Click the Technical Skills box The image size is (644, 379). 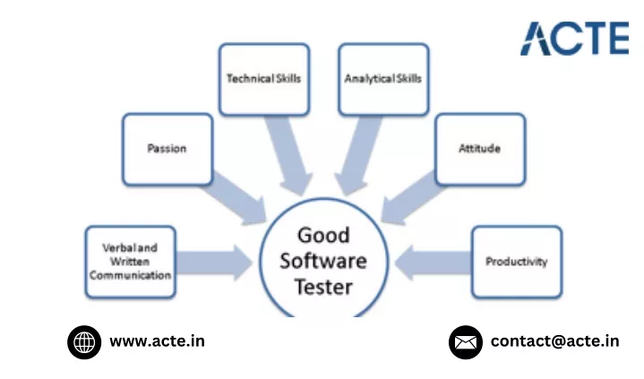(264, 80)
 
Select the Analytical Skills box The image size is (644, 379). (383, 80)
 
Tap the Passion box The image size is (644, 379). (167, 150)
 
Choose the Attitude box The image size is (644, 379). (480, 150)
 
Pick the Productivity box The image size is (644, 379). (517, 262)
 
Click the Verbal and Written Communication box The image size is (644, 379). (131, 262)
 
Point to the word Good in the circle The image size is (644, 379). (323, 236)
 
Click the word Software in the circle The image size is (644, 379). (323, 261)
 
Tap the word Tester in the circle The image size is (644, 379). (323, 287)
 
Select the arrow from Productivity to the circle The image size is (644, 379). (433, 263)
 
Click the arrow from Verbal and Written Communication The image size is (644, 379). (214, 263)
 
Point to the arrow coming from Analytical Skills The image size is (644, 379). (357, 156)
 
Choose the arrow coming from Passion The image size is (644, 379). (234, 200)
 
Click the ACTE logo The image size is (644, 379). (575, 39)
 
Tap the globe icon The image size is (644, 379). (84, 342)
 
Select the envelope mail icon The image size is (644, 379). (466, 342)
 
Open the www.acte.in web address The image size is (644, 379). (158, 341)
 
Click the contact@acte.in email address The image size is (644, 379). (554, 341)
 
